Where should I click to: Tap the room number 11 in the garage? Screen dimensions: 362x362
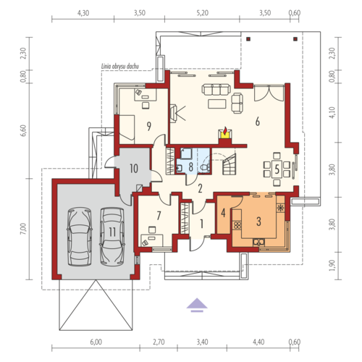coord(112,232)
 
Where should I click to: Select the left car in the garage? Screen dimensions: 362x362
coord(80,237)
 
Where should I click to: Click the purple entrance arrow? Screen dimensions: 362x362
coord(197,305)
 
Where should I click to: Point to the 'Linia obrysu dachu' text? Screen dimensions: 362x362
coord(120,67)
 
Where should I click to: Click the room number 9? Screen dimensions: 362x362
coord(149,126)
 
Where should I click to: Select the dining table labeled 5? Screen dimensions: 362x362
coord(277,169)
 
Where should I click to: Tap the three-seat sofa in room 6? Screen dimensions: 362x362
coord(216,89)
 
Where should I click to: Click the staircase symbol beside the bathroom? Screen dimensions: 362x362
coord(229,164)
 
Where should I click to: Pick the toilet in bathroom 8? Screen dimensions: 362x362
coord(205,167)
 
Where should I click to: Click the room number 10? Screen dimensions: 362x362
coord(134,169)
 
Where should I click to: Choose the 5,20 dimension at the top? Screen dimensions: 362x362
coord(202,13)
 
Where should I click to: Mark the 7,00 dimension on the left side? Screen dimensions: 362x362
coord(22,229)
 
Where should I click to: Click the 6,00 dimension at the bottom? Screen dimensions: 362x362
coord(96,342)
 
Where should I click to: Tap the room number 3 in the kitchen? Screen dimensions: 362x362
coord(258,222)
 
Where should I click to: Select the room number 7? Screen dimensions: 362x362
coord(159,216)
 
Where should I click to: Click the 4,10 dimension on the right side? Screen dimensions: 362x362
coord(332,112)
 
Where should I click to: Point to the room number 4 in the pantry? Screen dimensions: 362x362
coord(223,213)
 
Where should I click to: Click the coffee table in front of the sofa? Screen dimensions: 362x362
coord(217,104)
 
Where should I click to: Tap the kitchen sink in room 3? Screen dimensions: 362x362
coord(258,242)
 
